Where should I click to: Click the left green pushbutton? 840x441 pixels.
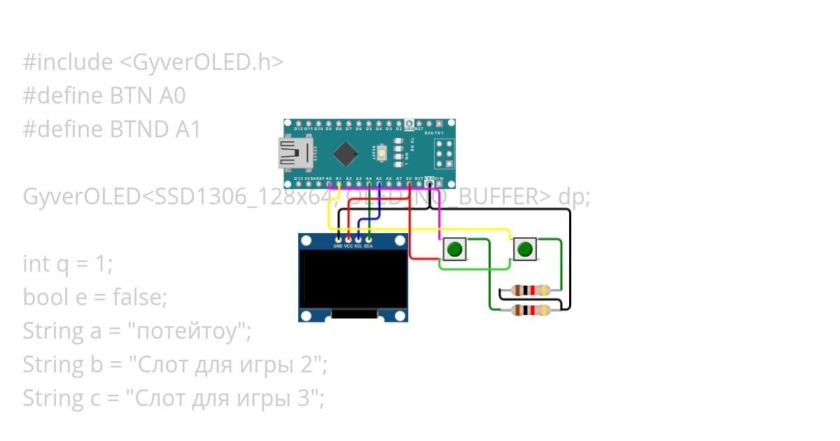(x=454, y=249)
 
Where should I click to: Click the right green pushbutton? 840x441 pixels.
(x=524, y=249)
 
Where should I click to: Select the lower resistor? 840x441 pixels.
(x=531, y=310)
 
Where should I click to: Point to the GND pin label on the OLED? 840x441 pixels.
(x=338, y=246)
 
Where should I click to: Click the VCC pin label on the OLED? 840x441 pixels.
(x=348, y=246)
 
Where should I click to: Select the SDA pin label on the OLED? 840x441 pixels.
(x=368, y=246)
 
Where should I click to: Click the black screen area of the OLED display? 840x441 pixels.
(x=353, y=280)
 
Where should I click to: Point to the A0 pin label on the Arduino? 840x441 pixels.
(x=328, y=179)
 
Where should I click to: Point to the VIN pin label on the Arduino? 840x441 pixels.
(x=439, y=179)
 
